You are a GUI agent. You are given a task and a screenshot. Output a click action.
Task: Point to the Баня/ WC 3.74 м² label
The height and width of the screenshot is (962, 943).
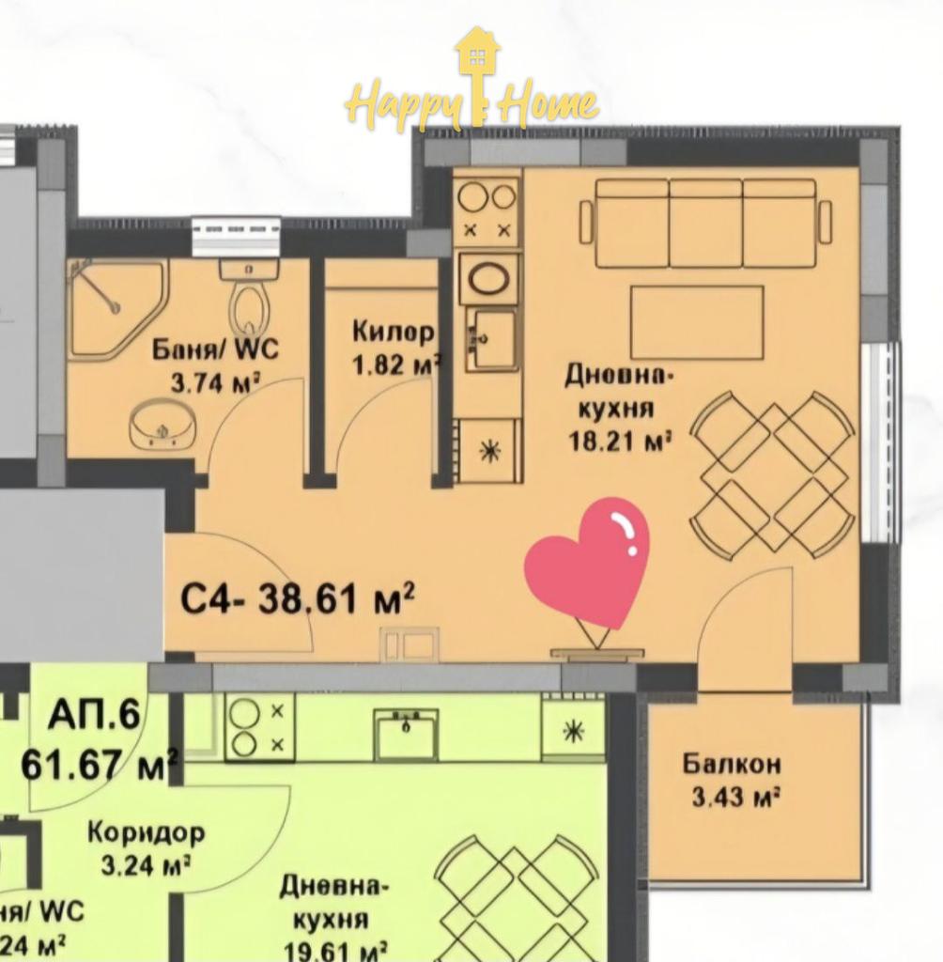216,365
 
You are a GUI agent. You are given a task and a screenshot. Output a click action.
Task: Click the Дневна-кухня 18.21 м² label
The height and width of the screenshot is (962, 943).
620,409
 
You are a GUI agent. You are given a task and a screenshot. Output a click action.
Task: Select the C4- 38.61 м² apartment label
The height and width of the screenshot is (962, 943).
297,598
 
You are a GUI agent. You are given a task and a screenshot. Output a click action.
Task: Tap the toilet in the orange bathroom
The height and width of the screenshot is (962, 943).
248,301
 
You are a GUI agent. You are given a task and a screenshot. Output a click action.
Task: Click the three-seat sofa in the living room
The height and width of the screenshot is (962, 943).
705,224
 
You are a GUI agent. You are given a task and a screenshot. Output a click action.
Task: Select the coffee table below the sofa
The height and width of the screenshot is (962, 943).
696,322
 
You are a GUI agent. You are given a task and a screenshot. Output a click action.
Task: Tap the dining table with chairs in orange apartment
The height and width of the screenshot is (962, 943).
772,474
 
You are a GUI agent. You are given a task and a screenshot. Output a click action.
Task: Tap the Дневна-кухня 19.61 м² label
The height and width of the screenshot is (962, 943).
333,916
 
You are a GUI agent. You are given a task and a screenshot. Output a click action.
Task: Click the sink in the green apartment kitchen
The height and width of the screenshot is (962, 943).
406,733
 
